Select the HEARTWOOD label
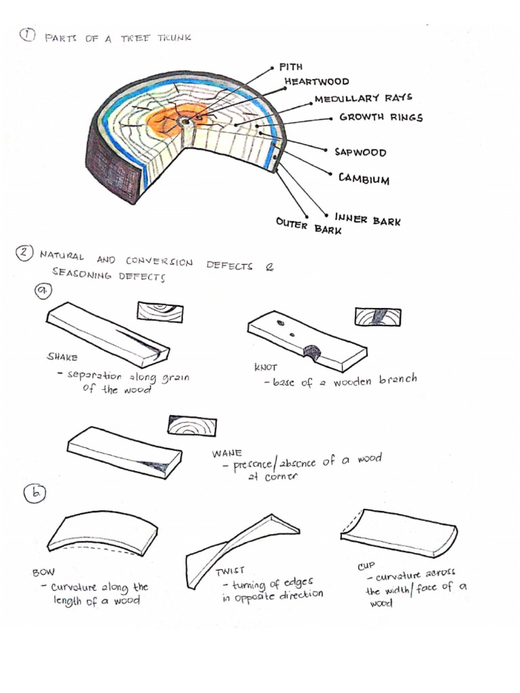click(318, 81)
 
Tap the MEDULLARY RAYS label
click(363, 99)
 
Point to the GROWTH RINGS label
click(381, 117)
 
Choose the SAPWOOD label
click(360, 152)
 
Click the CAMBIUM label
click(364, 179)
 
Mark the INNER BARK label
click(367, 219)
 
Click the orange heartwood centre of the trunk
click(177, 122)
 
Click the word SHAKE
click(62, 357)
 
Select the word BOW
click(43, 572)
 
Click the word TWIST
click(230, 571)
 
